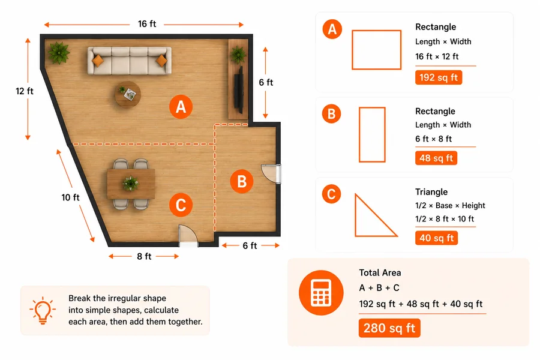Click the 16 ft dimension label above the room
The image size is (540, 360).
point(147,24)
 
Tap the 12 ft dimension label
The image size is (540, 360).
point(25,91)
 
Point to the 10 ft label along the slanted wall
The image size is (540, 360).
point(70,197)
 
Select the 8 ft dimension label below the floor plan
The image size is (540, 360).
point(144,256)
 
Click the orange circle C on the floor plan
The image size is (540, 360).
point(181,205)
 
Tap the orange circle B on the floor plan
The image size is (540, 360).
point(242,181)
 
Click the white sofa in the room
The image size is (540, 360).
point(130,61)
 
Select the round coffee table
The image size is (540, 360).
point(128,94)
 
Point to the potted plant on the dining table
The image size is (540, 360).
point(131,183)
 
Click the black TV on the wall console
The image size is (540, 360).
point(239,89)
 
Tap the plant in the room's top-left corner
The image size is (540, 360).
point(59,53)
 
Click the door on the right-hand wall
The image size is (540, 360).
point(271,175)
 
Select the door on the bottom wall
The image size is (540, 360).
point(188,236)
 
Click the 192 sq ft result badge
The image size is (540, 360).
point(439,77)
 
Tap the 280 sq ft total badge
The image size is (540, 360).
point(389,328)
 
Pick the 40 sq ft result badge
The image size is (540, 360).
point(436,238)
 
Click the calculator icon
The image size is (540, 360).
point(321,293)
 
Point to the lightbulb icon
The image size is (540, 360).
point(43,310)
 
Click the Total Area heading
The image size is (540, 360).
point(380,273)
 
